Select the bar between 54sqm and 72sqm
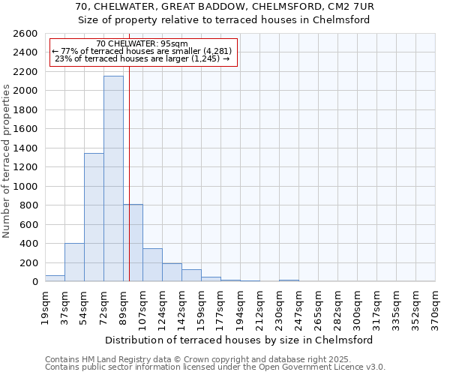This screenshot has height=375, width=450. (94, 217)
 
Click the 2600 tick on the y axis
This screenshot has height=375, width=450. (26, 34)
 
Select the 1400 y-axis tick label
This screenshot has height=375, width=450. (26, 148)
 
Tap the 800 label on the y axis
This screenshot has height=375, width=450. (29, 205)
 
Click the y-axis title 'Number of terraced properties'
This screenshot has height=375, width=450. (7, 161)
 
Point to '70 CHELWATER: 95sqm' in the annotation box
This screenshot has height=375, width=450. (142, 44)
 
